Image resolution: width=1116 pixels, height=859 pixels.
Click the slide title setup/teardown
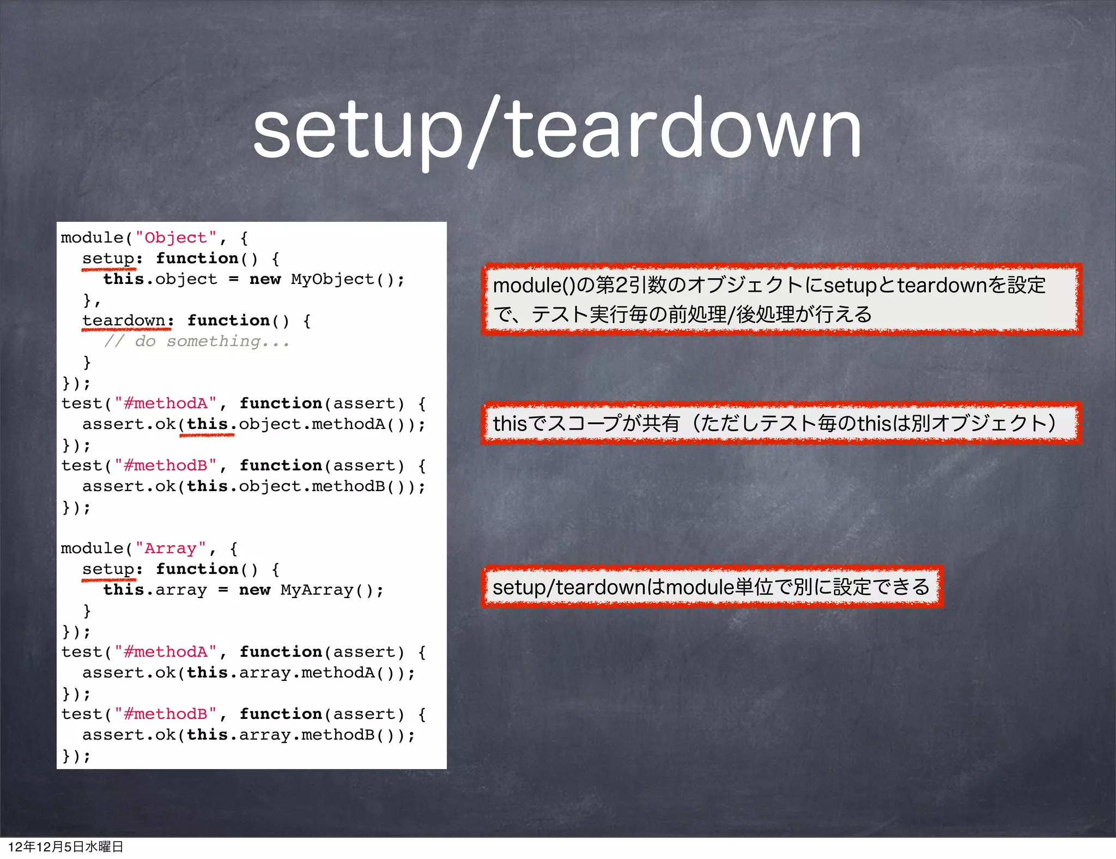(x=557, y=131)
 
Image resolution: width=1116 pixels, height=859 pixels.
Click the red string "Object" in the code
(x=176, y=238)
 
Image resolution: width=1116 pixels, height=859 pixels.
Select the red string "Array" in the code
(x=171, y=548)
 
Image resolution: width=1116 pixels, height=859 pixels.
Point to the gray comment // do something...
(x=197, y=342)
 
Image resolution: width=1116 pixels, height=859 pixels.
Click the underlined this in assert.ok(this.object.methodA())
(x=207, y=424)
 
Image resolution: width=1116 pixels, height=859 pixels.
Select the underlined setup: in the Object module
(x=112, y=258)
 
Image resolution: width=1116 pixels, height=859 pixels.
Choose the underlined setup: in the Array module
(x=112, y=569)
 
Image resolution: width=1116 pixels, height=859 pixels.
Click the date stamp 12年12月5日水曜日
(x=65, y=846)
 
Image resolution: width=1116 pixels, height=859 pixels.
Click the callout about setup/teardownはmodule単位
(x=711, y=587)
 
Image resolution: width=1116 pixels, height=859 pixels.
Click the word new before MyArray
(x=254, y=590)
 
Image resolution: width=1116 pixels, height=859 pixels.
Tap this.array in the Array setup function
(x=155, y=590)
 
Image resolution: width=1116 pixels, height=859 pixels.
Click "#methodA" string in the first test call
(x=166, y=403)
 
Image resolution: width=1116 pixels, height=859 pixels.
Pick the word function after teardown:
(x=228, y=320)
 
